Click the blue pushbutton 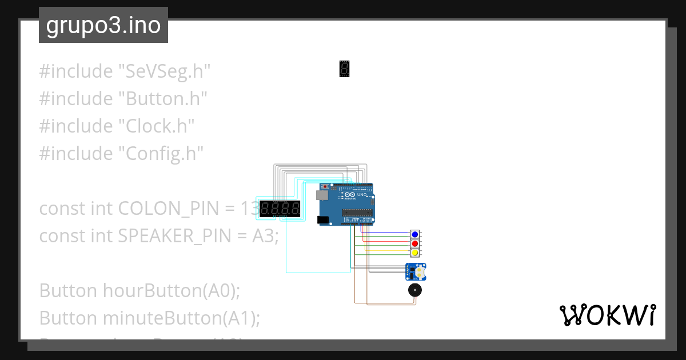(x=415, y=235)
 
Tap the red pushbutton (x=415, y=243)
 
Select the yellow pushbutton (x=415, y=252)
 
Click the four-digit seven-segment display (x=280, y=209)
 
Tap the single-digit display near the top (x=344, y=69)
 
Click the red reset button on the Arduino (x=326, y=187)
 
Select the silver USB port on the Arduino (x=322, y=195)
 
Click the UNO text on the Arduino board (x=361, y=194)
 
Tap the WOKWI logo (x=607, y=315)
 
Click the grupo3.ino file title (x=103, y=25)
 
